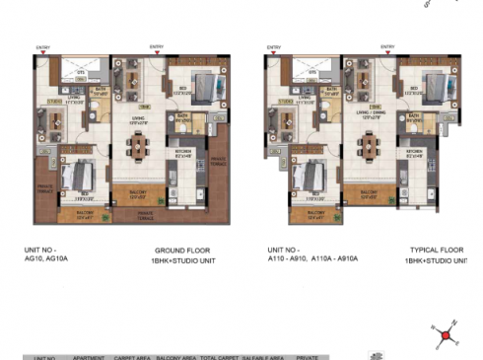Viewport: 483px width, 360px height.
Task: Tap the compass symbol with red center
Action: [x=445, y=335]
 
